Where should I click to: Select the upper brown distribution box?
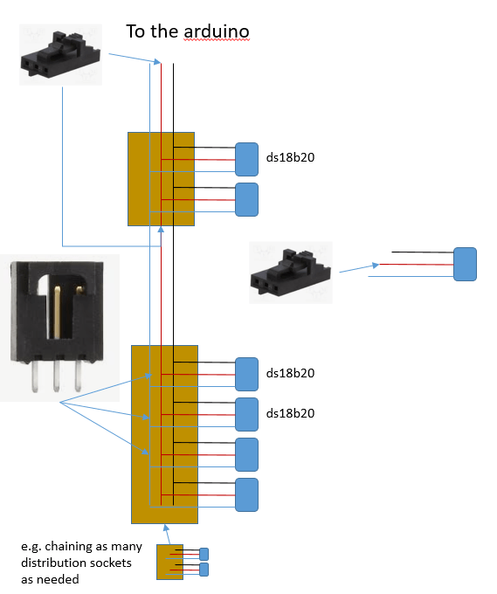point(145,179)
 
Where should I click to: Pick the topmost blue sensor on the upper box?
point(247,160)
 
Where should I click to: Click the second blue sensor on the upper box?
point(247,199)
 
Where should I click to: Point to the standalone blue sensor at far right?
point(465,264)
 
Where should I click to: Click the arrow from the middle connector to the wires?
point(358,267)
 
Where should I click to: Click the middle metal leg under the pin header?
point(56,377)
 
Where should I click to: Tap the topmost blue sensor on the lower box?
point(247,374)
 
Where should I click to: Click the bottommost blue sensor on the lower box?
point(247,494)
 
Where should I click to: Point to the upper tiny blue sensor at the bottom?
point(204,554)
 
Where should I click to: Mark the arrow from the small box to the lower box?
point(167,534)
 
